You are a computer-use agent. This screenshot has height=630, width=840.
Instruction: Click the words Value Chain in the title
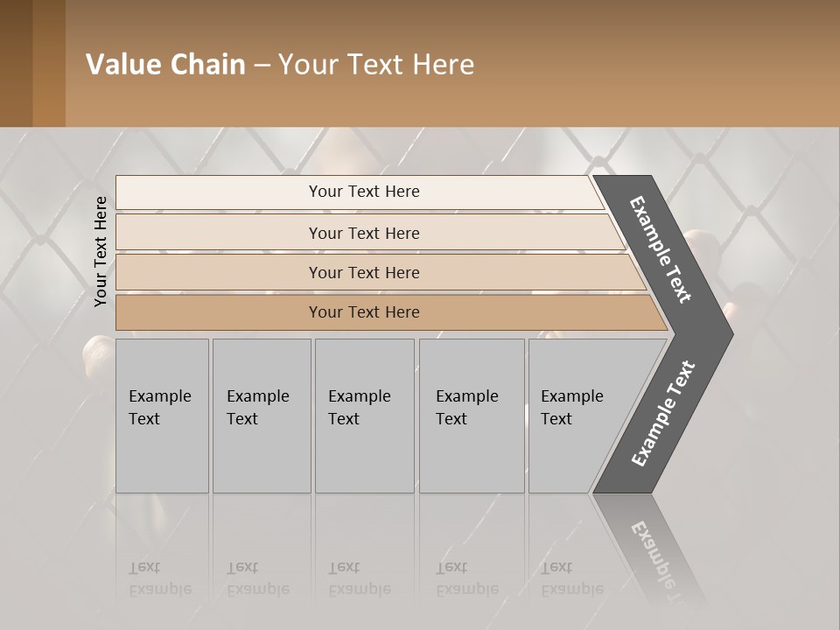coord(165,65)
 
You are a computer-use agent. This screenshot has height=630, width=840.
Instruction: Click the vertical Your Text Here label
coord(101,251)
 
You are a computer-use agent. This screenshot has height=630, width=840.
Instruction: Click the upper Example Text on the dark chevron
coord(661,249)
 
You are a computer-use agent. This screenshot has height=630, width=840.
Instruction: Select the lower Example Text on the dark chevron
coord(663,414)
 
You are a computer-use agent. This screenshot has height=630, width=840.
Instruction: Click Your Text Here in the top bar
coord(364,192)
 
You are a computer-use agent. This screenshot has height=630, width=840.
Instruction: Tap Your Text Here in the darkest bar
coord(364,312)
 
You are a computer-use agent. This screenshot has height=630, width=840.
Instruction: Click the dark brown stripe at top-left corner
coord(16,63)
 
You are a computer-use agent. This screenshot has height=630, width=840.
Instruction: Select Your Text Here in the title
coord(376,65)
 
